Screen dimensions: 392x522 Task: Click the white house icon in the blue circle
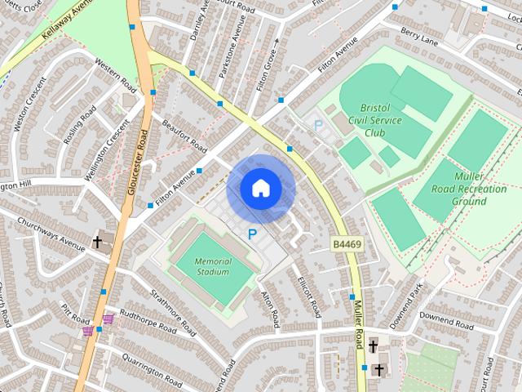[260, 189]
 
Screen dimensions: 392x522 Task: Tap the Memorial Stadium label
[213, 266]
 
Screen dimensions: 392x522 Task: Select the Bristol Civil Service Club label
[377, 120]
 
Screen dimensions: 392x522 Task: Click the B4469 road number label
[347, 243]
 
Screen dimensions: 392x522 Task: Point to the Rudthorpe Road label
[147, 322]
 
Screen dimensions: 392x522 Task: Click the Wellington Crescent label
[109, 152]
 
